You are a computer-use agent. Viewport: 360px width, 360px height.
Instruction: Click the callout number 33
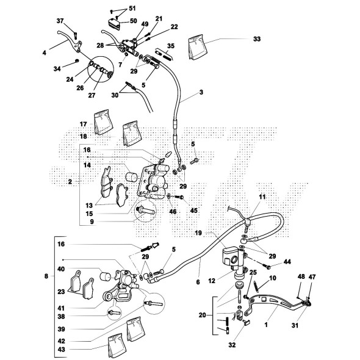click(x=257, y=39)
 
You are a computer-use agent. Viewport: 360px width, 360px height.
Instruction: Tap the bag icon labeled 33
click(x=197, y=48)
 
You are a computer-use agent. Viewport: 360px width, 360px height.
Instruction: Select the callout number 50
click(x=134, y=21)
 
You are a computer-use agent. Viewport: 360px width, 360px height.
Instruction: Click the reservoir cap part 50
click(x=114, y=24)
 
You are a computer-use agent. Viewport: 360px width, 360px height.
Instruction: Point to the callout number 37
click(x=60, y=21)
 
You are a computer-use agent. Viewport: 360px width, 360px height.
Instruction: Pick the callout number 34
click(x=57, y=69)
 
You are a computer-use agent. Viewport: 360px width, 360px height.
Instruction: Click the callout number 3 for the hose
click(x=201, y=92)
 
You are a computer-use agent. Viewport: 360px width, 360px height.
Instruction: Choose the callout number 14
click(x=87, y=165)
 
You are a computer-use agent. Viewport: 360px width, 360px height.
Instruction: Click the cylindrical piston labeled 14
click(x=132, y=177)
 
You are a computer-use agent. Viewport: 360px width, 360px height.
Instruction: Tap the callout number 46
click(x=173, y=211)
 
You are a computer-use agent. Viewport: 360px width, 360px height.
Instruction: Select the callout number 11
click(x=262, y=196)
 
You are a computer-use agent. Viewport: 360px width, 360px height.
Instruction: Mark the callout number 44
click(x=287, y=262)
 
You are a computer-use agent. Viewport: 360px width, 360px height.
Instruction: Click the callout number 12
click(x=212, y=281)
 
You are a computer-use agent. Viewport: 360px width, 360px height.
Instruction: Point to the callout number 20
click(x=202, y=315)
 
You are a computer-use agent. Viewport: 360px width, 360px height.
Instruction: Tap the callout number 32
click(x=232, y=345)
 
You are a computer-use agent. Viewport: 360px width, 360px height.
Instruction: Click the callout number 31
click(x=295, y=325)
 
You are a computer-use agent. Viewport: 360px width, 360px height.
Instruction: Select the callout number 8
click(x=46, y=276)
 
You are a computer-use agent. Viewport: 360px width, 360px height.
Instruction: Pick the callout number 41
click(x=61, y=308)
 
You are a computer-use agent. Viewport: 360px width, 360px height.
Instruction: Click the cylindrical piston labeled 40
click(x=106, y=276)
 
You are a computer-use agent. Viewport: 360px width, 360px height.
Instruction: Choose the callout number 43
click(x=61, y=350)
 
